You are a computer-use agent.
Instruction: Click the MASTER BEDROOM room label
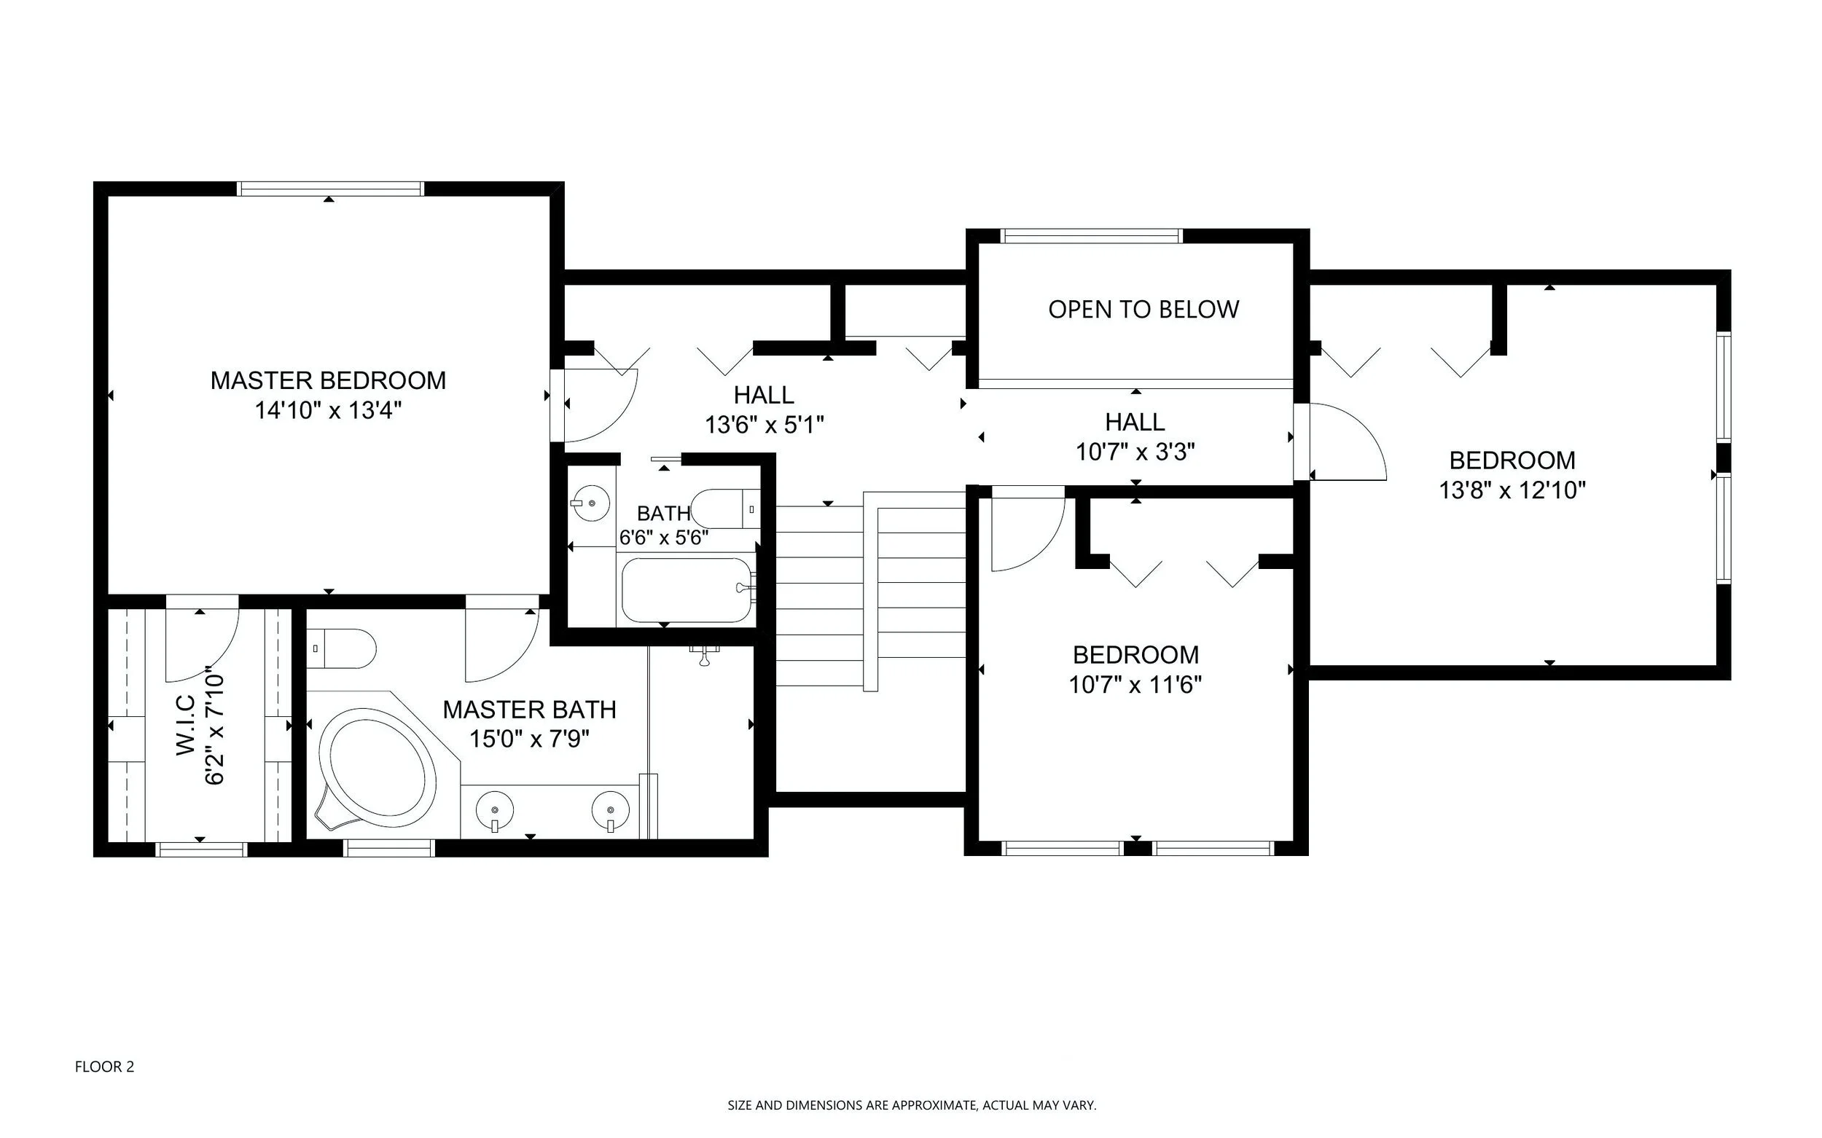pyautogui.click(x=327, y=381)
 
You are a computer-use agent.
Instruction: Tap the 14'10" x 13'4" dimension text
pyautogui.click(x=327, y=411)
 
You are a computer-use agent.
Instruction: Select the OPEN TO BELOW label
pyautogui.click(x=1143, y=310)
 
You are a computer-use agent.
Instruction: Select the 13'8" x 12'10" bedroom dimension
pyautogui.click(x=1512, y=491)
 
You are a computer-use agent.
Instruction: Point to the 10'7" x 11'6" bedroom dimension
pyautogui.click(x=1135, y=685)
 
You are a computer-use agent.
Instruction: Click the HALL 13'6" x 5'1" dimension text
pyautogui.click(x=765, y=425)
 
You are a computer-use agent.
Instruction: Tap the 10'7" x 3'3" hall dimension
pyautogui.click(x=1135, y=452)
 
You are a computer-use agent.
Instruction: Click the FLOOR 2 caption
pyautogui.click(x=105, y=1067)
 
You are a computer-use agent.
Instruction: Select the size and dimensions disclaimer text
pyautogui.click(x=912, y=1106)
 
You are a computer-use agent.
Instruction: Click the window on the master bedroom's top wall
pyautogui.click(x=331, y=188)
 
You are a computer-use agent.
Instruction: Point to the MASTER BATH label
pyautogui.click(x=529, y=710)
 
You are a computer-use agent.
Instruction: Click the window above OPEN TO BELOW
pyautogui.click(x=1092, y=235)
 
